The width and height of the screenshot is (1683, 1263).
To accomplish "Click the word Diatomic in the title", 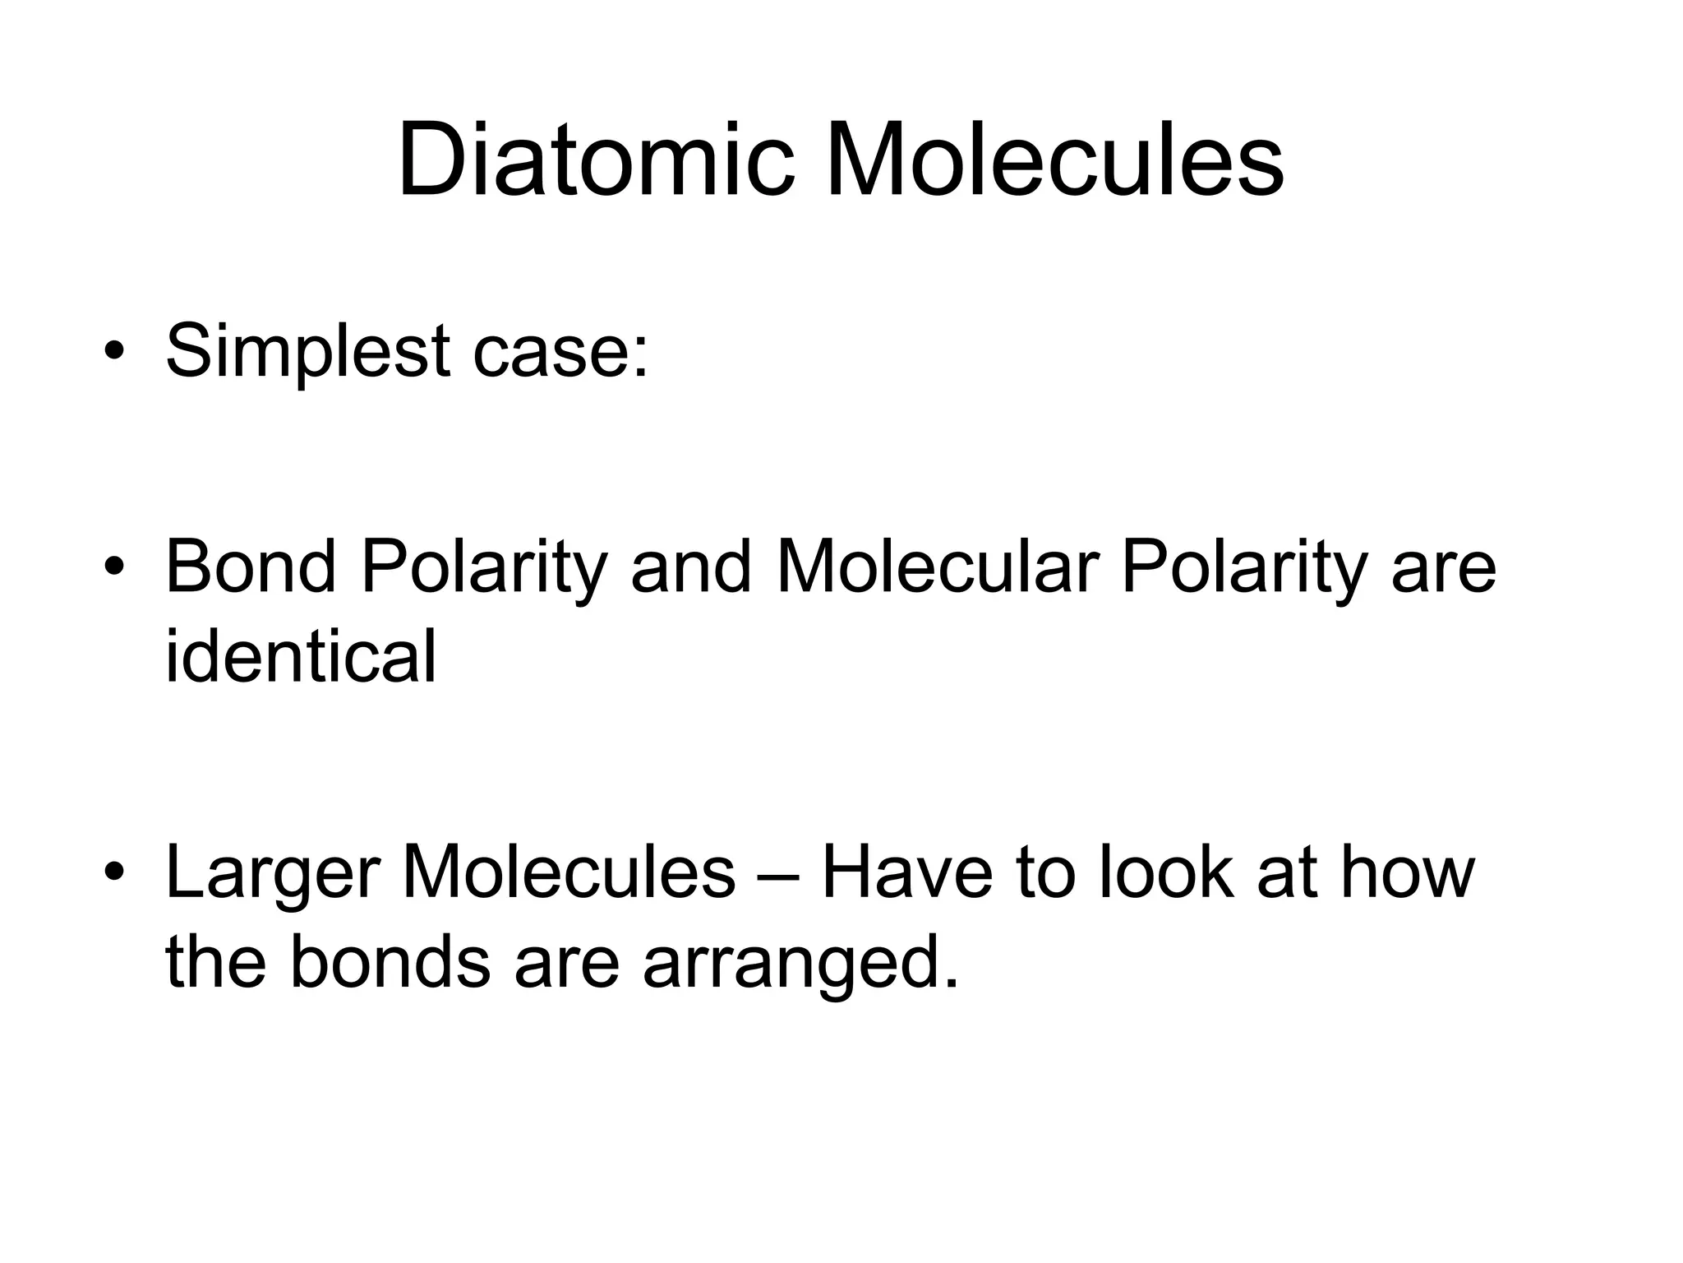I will click(596, 160).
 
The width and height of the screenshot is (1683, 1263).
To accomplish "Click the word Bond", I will click(251, 567).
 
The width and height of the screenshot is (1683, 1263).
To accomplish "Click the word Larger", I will click(272, 874).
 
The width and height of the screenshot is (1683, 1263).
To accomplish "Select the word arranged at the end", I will click(801, 964).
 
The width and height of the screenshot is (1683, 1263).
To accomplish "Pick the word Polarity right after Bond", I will click(484, 568).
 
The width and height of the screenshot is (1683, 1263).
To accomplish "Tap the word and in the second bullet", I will click(691, 567).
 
